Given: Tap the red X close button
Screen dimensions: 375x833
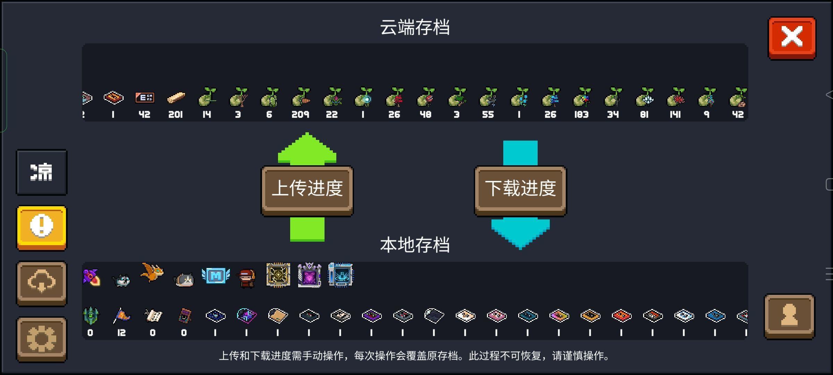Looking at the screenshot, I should pos(792,37).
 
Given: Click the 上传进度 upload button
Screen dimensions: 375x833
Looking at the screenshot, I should pos(307,189).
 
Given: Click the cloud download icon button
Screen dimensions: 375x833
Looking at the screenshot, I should pos(42,283).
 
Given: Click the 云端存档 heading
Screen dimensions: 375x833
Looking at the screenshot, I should pos(415,27).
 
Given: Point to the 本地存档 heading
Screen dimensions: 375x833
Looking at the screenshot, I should pos(415,245).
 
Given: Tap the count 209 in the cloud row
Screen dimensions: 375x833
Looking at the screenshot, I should pos(300,115).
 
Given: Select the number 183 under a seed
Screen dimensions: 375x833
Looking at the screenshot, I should pos(581,115).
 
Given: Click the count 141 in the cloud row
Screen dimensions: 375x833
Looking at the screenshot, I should pos(675,115).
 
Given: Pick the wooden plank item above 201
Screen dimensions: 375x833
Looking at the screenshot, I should pos(176,98).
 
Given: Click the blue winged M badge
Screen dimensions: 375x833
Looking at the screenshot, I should pos(216,276).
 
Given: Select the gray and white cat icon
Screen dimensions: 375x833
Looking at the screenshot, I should pos(184,279).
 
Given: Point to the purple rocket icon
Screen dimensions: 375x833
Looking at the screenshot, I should pos(92,277).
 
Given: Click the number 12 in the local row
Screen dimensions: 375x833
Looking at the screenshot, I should pos(121,333).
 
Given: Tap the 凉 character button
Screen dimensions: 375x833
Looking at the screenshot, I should pos(42,172).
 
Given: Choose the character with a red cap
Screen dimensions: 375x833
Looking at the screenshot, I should pos(247,278).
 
